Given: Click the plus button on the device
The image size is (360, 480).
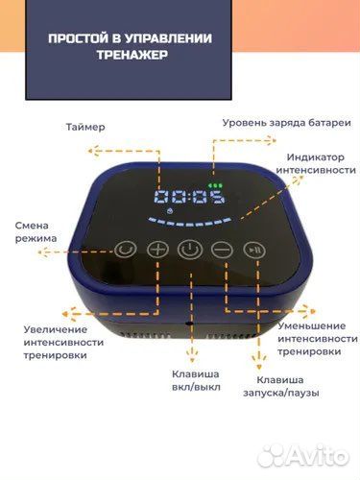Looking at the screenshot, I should pos(157,250).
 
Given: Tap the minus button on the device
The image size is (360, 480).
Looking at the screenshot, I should pos(222,250).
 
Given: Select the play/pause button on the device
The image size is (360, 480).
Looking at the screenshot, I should pos(252,249).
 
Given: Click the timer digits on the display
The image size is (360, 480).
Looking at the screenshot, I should pos(188,201).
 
